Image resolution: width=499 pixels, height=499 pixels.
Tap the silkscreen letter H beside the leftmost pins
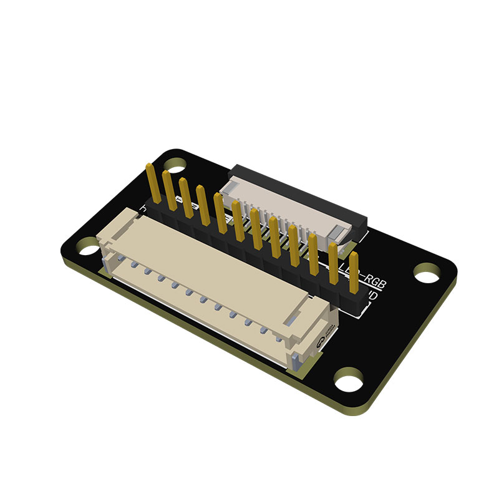click(x=144, y=208)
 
